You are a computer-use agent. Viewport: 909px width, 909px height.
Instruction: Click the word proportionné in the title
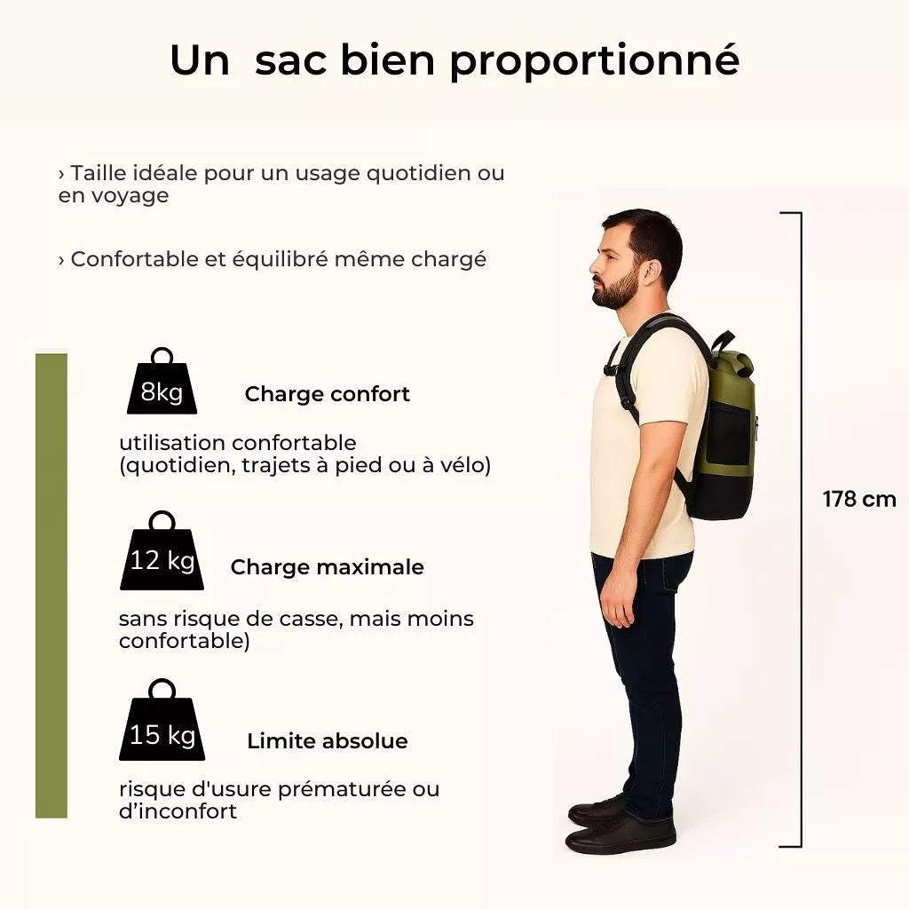(594, 61)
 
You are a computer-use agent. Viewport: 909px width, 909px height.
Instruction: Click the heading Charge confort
(328, 394)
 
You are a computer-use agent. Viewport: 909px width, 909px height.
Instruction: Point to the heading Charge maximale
(327, 567)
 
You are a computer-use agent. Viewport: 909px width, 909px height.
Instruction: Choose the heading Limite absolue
(328, 741)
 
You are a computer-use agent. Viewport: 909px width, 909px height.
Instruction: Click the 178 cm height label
(858, 499)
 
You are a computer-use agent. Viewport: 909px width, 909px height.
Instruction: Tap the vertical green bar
(51, 586)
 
